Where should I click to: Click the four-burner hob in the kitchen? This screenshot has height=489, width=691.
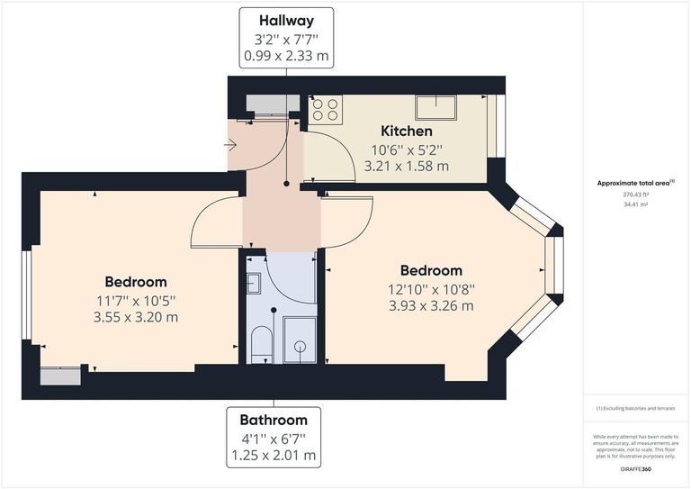tap(325, 109)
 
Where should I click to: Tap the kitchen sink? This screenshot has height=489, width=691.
tap(435, 107)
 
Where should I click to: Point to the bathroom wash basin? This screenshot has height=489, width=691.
tap(253, 284)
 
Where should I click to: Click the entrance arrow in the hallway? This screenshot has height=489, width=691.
tap(230, 143)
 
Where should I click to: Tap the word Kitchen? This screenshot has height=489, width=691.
tap(407, 131)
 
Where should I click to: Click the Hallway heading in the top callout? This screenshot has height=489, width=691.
tap(285, 20)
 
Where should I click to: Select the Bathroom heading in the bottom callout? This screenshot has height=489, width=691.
tap(273, 420)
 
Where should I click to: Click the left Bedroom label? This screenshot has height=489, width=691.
tap(135, 282)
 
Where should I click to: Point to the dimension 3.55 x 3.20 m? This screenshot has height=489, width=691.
tap(135, 317)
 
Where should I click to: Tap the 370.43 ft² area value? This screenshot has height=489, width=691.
tap(635, 195)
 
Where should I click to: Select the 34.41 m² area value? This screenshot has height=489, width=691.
tap(635, 204)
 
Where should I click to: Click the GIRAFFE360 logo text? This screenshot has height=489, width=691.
tap(636, 470)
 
